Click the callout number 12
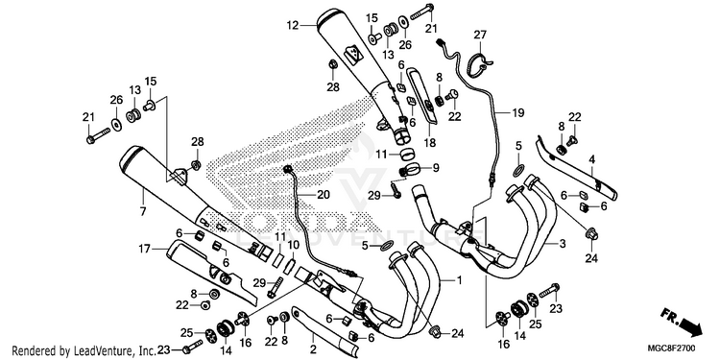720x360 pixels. [x=293, y=25]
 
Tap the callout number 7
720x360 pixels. [x=143, y=212]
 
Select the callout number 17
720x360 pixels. [x=145, y=249]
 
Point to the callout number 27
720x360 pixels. [x=480, y=35]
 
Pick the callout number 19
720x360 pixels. [x=518, y=112]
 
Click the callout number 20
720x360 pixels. [x=324, y=195]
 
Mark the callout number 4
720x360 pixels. [x=592, y=160]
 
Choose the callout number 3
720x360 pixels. [x=563, y=244]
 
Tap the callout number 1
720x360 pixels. [x=459, y=279]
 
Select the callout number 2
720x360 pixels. [x=313, y=349]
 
